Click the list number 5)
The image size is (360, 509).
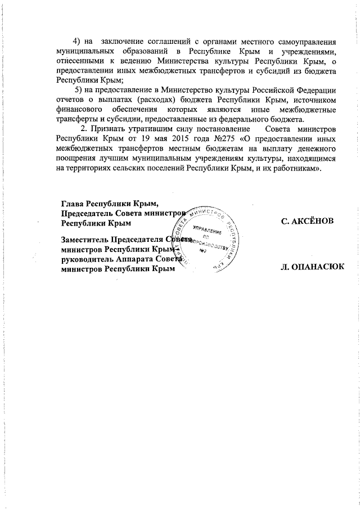pos(79,91)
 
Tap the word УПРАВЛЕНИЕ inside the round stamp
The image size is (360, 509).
pos(206,231)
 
